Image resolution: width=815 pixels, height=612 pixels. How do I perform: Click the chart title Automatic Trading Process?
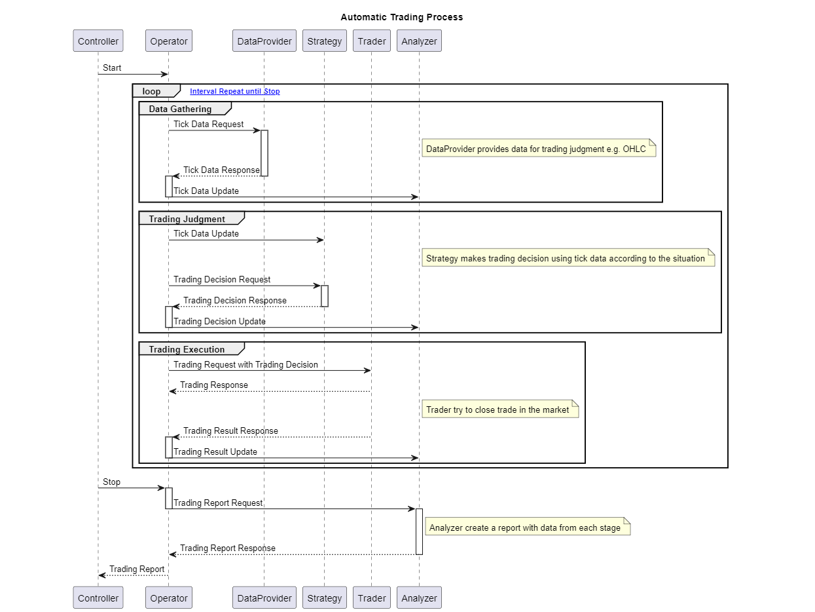point(401,17)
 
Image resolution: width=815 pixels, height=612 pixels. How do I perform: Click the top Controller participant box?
point(98,41)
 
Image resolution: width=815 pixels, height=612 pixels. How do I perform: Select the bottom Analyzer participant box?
point(419,598)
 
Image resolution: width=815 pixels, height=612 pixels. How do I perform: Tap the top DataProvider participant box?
point(264,41)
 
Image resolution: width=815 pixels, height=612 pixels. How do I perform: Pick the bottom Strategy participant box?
point(324,598)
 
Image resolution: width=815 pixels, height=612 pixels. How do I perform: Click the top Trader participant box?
point(371,41)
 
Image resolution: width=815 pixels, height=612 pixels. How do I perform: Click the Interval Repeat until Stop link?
point(234,92)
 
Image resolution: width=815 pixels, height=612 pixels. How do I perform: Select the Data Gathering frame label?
point(180,109)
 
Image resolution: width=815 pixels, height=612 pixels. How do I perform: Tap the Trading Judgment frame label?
point(187,219)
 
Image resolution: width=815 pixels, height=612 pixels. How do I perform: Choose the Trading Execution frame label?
point(187,349)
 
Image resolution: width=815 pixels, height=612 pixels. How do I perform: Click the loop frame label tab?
point(152,92)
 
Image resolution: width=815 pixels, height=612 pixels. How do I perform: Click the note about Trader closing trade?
point(499,410)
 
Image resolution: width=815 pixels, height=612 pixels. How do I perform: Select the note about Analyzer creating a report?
point(526,527)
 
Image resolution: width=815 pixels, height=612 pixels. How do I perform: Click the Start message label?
point(112,67)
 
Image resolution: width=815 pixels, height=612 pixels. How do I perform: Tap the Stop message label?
point(112,482)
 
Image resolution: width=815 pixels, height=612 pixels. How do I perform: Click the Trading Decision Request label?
point(222,279)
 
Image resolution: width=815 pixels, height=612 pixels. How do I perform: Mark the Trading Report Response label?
point(227,548)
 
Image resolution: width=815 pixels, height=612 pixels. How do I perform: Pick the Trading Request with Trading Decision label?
point(245,364)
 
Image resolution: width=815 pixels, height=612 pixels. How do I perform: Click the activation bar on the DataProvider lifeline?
point(264,153)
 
